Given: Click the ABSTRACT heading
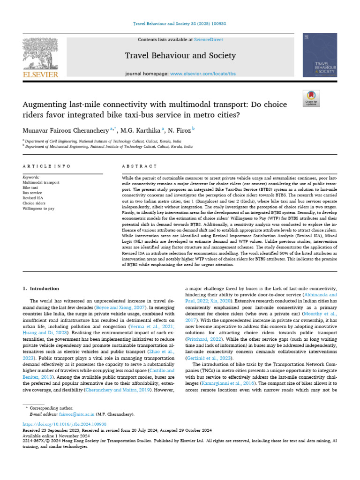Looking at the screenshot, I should point(139,166).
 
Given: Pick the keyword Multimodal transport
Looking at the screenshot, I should point(41,182).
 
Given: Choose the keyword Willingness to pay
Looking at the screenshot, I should point(38,208).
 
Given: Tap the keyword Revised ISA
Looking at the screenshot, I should point(33,198).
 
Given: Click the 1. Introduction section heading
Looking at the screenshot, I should point(41,289).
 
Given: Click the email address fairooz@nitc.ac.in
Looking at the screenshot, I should point(75,414).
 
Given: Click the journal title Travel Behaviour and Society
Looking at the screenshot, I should point(172,56).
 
